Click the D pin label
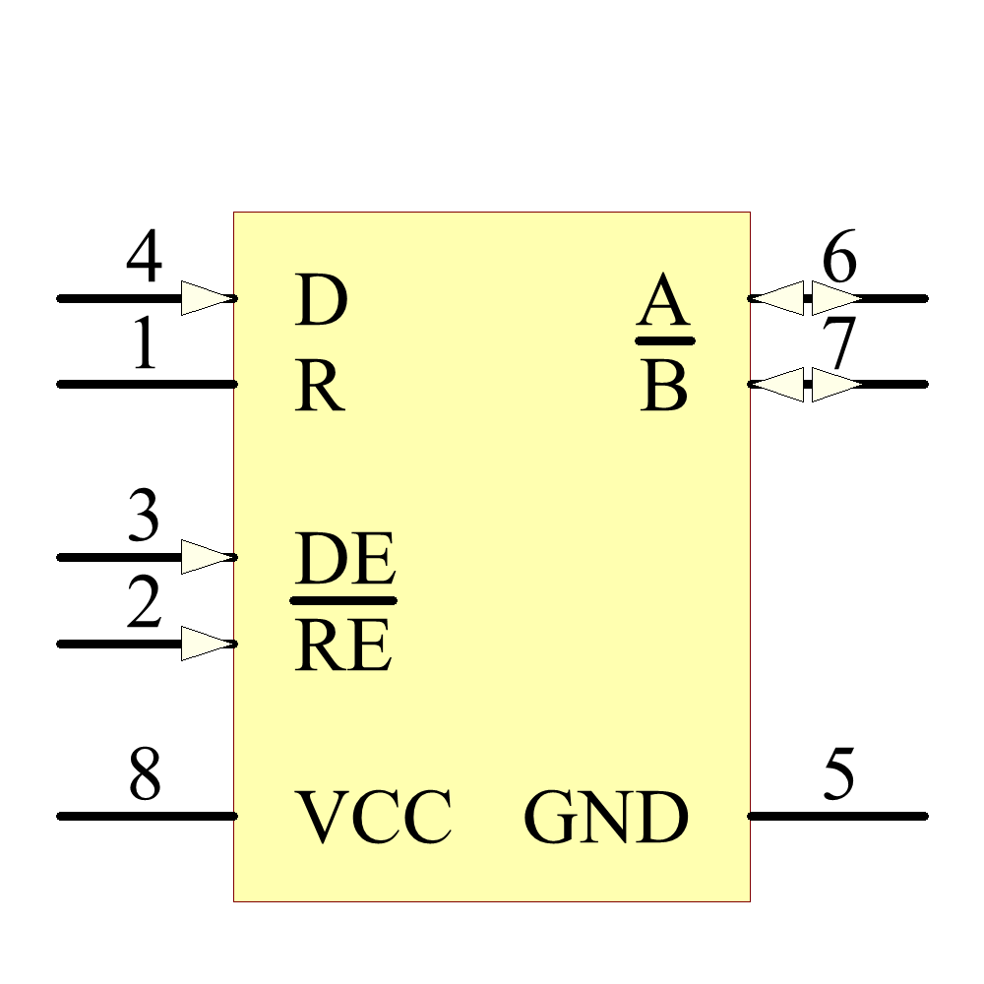coord(321,302)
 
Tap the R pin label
coord(320,389)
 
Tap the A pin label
coord(662,302)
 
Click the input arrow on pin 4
coord(207,298)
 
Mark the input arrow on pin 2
coord(207,644)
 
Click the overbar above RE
coord(343,599)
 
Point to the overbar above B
coord(665,340)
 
